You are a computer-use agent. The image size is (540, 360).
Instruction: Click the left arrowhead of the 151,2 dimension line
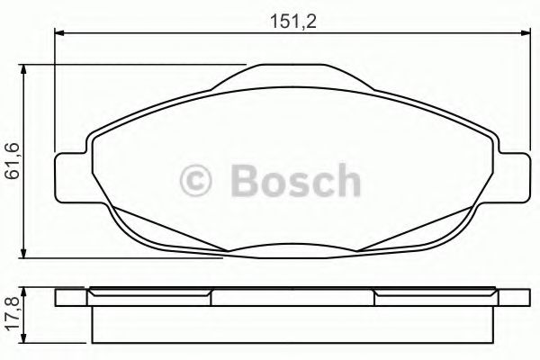[x=59, y=33]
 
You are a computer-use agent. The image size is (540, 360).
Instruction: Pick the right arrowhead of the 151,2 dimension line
[x=526, y=33]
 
